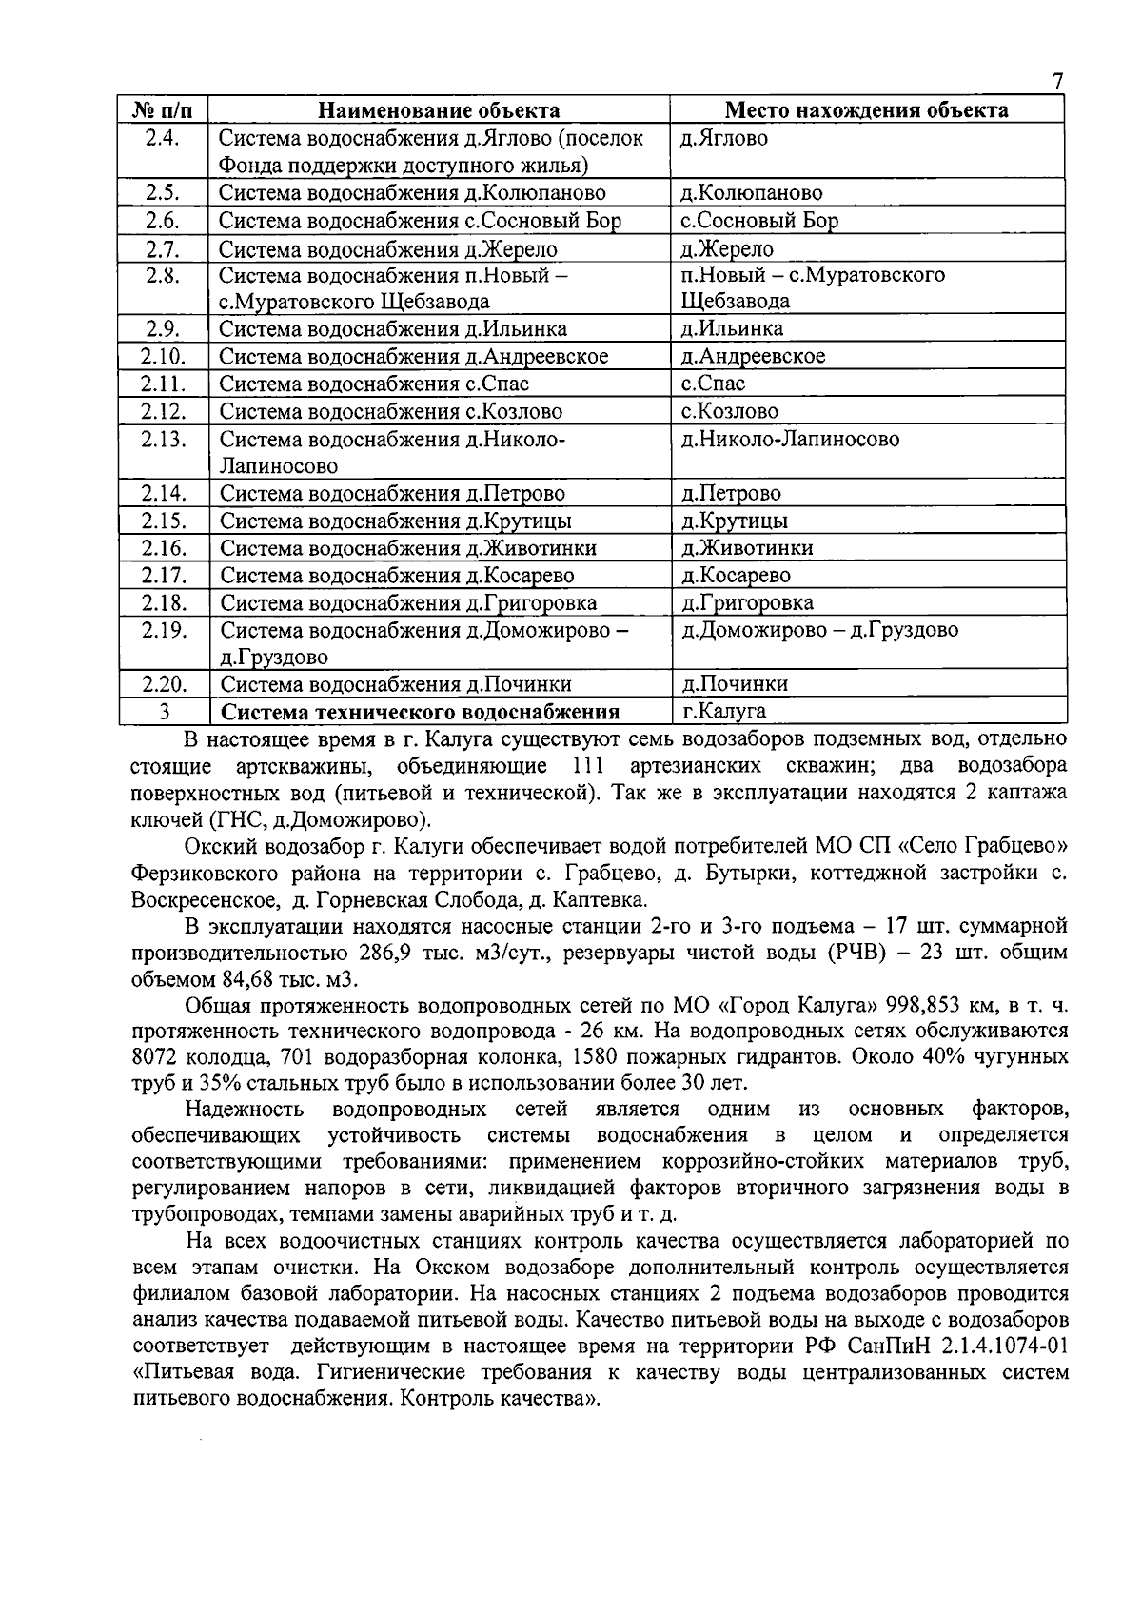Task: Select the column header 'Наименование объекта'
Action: click(x=438, y=110)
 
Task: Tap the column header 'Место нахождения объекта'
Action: click(x=866, y=110)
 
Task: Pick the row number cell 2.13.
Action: click(x=164, y=440)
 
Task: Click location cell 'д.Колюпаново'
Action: click(x=752, y=193)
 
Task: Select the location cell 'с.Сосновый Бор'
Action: click(x=759, y=221)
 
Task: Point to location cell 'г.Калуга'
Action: click(x=724, y=711)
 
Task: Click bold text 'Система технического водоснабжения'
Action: click(x=420, y=713)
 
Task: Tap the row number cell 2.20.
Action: click(x=164, y=684)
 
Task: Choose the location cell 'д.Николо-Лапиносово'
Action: click(x=790, y=440)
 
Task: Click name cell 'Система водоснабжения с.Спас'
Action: click(x=374, y=384)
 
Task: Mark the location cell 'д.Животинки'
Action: click(x=747, y=548)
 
